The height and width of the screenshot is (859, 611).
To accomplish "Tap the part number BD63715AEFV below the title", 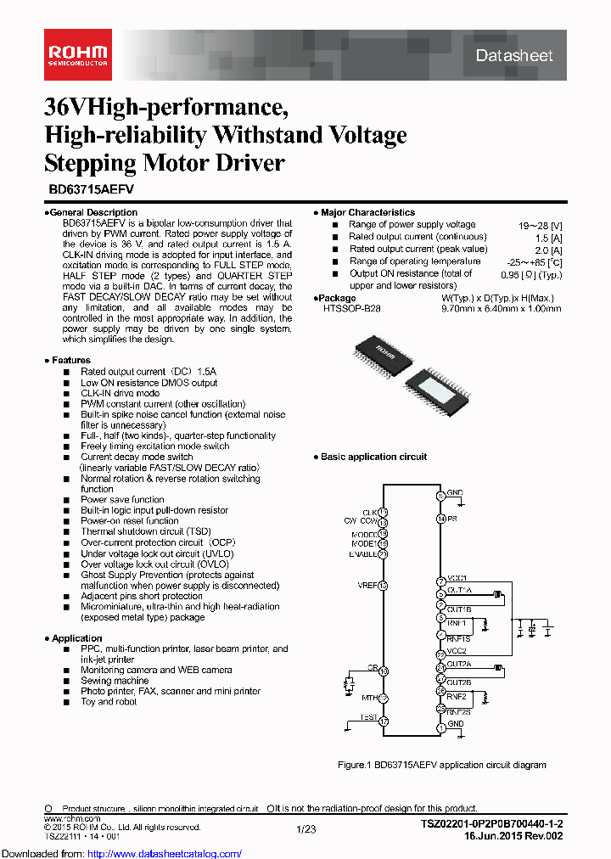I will [x=86, y=192].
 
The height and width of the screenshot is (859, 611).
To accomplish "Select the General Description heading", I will [x=92, y=212].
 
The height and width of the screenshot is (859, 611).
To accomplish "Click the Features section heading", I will [x=70, y=360].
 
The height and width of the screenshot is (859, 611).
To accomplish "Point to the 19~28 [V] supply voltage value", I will [x=540, y=226].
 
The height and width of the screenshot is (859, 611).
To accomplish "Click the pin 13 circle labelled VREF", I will [x=383, y=586].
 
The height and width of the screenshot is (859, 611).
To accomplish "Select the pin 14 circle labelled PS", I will [x=440, y=519].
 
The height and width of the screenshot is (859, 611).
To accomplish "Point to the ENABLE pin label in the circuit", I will [x=362, y=554].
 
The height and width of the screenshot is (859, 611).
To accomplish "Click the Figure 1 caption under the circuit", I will [x=442, y=765].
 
